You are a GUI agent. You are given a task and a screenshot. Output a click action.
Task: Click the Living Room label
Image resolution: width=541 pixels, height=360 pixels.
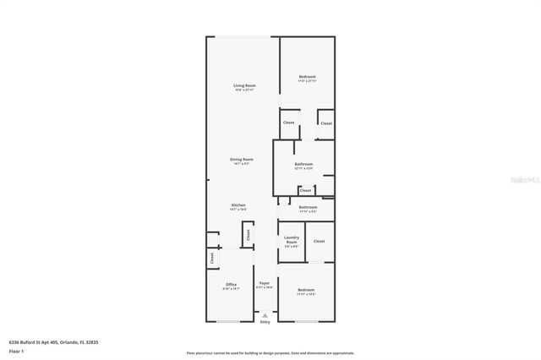[x=244, y=85]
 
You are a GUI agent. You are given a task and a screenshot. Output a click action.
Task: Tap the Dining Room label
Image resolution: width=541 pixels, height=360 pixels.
[x=242, y=159]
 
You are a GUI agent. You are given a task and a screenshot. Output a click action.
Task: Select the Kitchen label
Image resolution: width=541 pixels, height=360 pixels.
[x=238, y=205]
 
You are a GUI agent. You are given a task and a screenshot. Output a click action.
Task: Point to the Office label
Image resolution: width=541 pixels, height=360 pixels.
[x=231, y=285]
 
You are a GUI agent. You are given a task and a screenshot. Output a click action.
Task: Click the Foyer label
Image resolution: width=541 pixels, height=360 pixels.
[x=265, y=283]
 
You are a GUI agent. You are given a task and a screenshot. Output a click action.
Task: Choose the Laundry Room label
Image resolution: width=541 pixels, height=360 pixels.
[x=291, y=240]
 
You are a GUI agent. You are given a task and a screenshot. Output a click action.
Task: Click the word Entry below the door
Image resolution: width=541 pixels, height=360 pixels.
[x=265, y=322]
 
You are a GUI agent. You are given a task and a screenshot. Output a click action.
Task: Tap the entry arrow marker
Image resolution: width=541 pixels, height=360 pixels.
[x=265, y=314]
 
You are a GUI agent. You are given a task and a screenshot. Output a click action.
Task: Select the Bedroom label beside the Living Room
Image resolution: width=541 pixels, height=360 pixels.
[x=307, y=78]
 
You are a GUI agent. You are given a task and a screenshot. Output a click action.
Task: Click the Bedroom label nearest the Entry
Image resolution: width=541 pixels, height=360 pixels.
[x=305, y=291]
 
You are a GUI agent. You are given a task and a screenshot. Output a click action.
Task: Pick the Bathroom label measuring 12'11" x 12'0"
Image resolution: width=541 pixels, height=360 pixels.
[x=303, y=164]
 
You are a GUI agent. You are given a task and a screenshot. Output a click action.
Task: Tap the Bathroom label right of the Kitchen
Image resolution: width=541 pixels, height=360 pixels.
[x=308, y=207]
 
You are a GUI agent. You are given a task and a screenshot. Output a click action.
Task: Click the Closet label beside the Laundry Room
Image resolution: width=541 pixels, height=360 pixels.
[x=319, y=242]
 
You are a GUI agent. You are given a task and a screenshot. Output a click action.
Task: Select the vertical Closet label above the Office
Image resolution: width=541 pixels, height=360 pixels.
[x=211, y=258]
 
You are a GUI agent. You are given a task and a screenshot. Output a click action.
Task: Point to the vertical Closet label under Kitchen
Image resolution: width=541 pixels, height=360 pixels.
[x=249, y=236]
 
